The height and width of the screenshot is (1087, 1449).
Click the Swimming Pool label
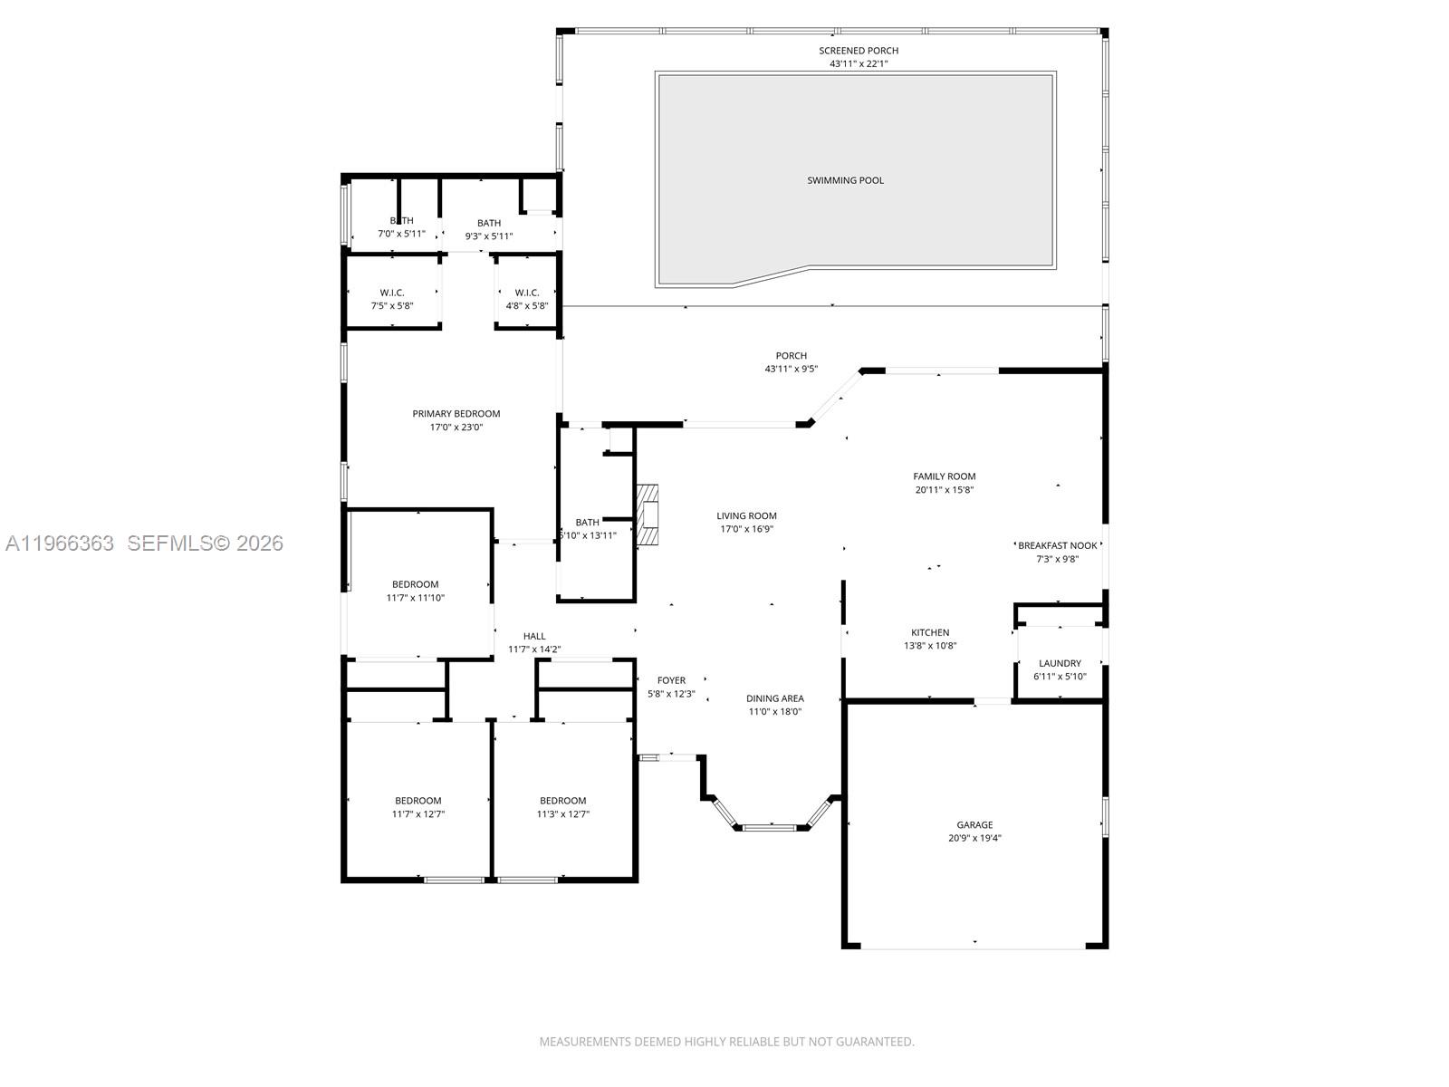[x=845, y=180]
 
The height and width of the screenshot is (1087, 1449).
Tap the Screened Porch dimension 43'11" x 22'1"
[x=859, y=64]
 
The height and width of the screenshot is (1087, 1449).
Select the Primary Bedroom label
[x=456, y=414]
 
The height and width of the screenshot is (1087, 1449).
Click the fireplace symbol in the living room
[x=647, y=516]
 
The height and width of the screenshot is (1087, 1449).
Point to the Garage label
[x=974, y=825]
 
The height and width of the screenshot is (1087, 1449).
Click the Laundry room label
[x=1060, y=663]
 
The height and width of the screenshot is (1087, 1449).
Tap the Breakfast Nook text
[x=1057, y=545]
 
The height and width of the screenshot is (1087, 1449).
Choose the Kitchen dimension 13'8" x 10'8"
[x=930, y=646]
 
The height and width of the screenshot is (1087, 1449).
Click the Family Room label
[x=944, y=476]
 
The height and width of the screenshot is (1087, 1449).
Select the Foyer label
[x=671, y=680]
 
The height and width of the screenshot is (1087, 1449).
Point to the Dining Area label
[x=774, y=698]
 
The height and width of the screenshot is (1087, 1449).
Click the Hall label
[x=534, y=636]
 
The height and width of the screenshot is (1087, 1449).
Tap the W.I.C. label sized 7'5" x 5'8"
[x=392, y=293]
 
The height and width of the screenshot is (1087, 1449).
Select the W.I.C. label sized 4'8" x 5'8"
[x=527, y=293]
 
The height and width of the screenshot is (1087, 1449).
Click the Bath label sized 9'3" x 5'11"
[x=489, y=223]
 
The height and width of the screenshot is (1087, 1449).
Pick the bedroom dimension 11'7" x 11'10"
[x=415, y=598]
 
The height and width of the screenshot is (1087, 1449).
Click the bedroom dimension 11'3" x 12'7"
[x=562, y=814]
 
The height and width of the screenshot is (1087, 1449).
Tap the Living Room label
[x=746, y=516]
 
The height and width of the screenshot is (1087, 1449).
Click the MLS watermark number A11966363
[x=60, y=543]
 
